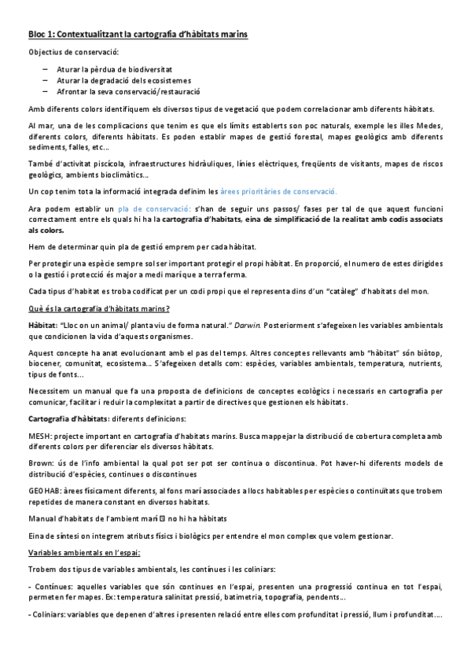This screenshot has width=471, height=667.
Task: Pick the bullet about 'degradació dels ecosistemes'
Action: (123, 80)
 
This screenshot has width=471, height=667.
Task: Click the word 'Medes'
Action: (431, 127)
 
